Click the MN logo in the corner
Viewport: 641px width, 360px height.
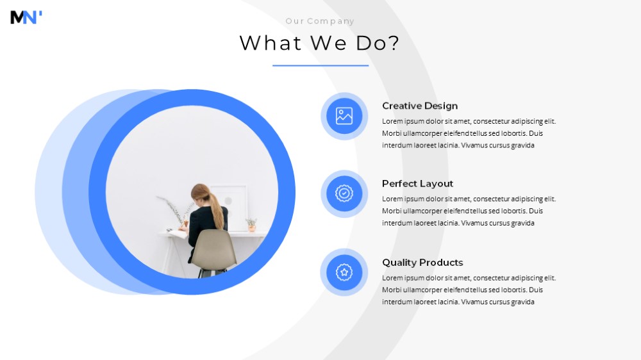[x=26, y=17]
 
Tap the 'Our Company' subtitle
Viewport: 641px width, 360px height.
[x=320, y=21]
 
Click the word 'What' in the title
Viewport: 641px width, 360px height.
[x=271, y=43]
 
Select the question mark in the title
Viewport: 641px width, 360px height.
[x=394, y=42]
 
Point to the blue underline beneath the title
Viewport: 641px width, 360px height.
[x=320, y=65]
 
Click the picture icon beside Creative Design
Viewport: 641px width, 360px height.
[x=344, y=116]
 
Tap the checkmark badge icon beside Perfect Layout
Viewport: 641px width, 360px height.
[x=344, y=193]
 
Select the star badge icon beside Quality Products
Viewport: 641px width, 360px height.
[x=344, y=272]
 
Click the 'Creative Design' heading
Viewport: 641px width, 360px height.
[x=420, y=106]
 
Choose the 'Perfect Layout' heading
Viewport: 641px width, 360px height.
[x=417, y=184]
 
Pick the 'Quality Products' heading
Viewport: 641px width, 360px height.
[x=422, y=263]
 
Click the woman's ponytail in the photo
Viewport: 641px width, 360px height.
[x=216, y=208]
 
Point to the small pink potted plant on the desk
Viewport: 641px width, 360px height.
[x=251, y=225]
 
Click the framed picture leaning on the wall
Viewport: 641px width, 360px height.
[x=229, y=202]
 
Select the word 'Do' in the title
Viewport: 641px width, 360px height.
[x=370, y=43]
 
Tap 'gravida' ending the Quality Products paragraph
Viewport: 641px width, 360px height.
[x=522, y=302]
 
